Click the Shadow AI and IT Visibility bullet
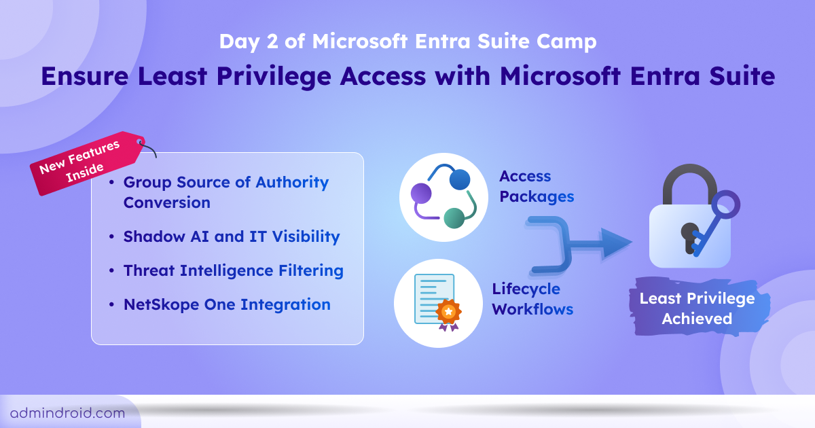coord(231,236)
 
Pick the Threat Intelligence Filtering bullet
coord(233,270)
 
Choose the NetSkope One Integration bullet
coord(227,304)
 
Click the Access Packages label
coord(537,186)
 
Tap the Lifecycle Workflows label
coord(532,299)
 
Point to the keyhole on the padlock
coord(688,234)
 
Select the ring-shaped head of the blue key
coord(725,204)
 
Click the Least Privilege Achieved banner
coord(697,308)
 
